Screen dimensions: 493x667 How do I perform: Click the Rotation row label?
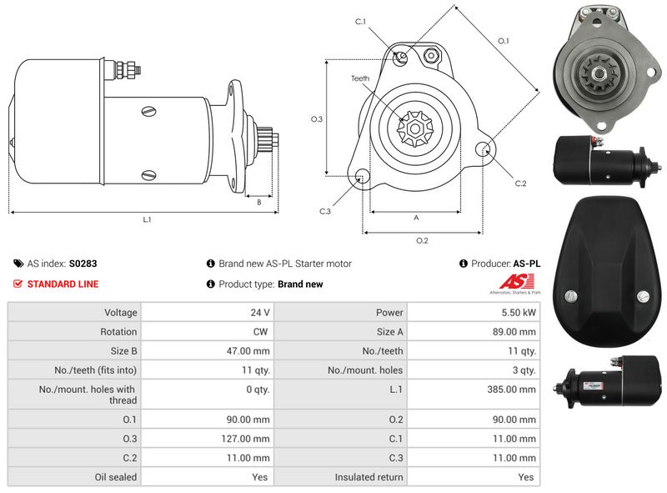pos(118,332)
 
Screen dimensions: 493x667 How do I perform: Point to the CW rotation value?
pos(261,332)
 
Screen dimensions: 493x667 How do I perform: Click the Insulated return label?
pos(369,477)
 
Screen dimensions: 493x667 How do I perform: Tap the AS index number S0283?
pos(83,264)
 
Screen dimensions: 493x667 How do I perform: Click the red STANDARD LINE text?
pos(63,284)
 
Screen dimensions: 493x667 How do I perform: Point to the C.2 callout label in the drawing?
pos(520,183)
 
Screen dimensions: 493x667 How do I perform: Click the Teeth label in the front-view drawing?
pos(360,78)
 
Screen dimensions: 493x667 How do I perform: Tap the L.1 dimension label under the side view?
pos(147,220)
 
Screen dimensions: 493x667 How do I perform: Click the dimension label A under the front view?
pos(416,217)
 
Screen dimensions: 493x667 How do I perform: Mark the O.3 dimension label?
pos(317,119)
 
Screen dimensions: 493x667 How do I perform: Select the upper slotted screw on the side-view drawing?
pos(148,108)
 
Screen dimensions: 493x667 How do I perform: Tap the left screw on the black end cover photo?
pos(572,297)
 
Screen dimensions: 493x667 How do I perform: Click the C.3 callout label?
pos(325,211)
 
